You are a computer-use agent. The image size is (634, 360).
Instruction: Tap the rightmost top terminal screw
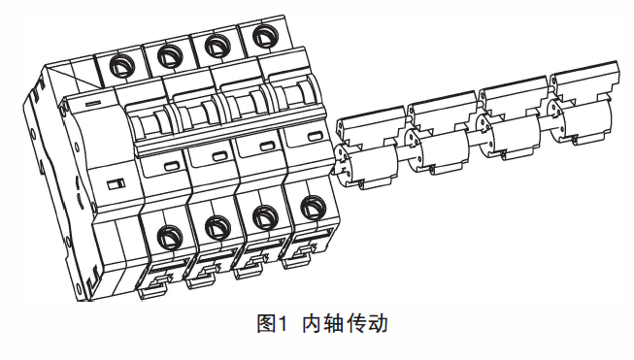coord(265,36)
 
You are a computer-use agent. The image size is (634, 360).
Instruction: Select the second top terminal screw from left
coord(170,55)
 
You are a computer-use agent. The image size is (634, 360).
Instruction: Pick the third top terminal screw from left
coord(217,46)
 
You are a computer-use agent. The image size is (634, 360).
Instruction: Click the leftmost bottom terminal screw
coord(169,238)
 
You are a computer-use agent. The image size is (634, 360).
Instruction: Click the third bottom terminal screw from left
coord(265,217)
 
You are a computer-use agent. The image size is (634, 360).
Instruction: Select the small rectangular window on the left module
coord(117,185)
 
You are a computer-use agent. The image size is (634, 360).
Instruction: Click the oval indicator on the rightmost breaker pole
coord(315,136)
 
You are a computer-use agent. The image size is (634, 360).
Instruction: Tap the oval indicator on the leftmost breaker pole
coord(172,166)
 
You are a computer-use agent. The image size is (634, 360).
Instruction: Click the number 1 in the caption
coord(282,324)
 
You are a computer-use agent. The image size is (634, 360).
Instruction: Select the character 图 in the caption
coord(266,324)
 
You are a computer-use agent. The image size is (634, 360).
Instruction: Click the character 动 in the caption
coord(378,324)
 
